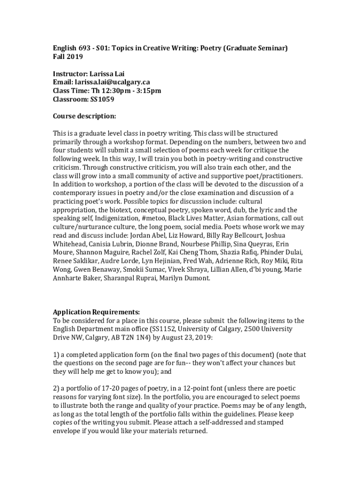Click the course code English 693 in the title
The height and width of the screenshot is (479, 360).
click(x=69, y=48)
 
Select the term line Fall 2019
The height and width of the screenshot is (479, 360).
click(x=68, y=57)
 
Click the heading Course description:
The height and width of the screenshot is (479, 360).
click(x=84, y=116)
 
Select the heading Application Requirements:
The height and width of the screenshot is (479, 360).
click(x=96, y=312)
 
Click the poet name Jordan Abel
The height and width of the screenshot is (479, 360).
click(x=149, y=235)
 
